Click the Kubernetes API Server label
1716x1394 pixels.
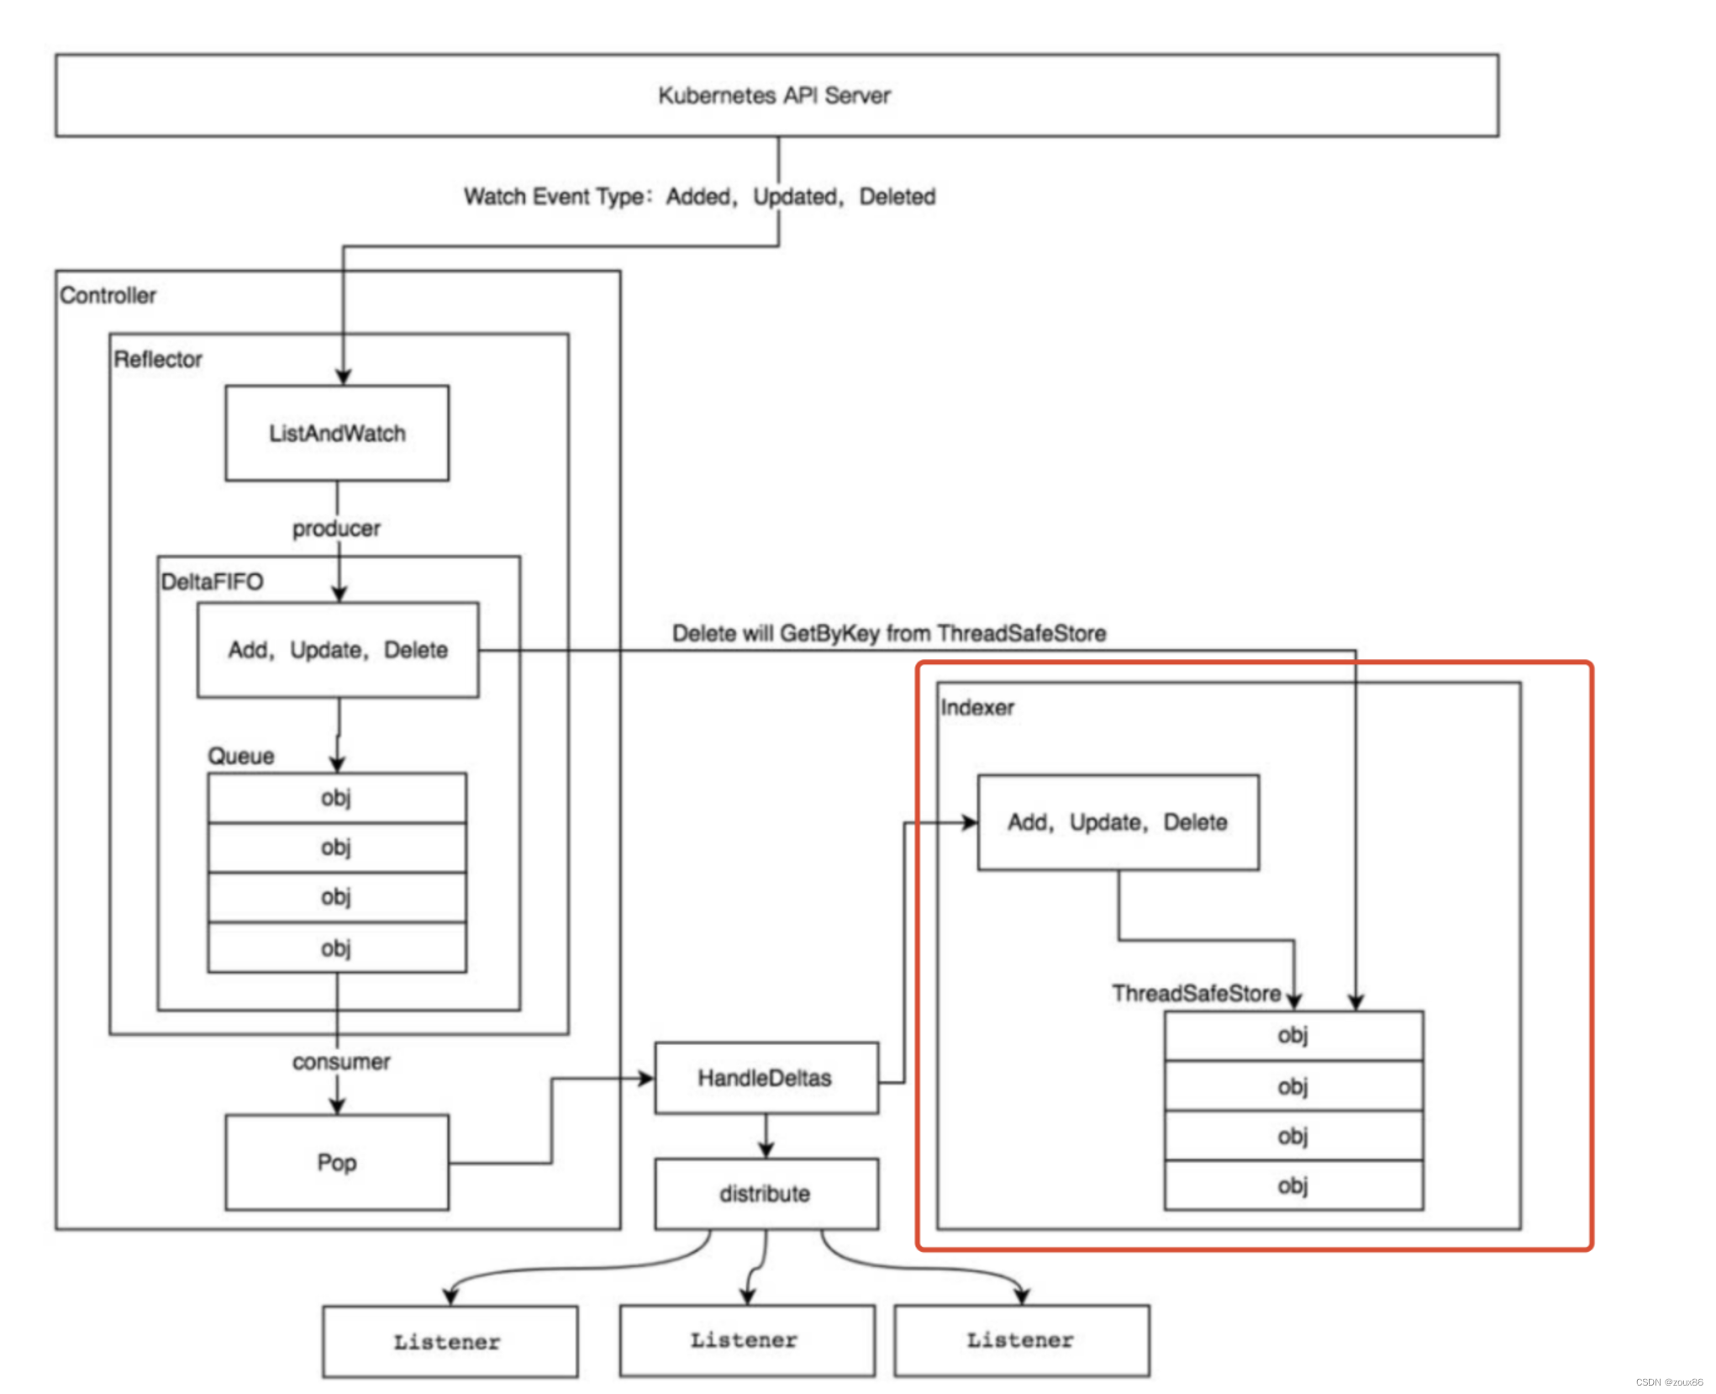coord(773,95)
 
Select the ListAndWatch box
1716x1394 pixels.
coord(336,433)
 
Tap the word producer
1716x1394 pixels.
coord(336,528)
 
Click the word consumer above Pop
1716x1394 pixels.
coord(341,1061)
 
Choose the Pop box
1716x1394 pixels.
coord(336,1162)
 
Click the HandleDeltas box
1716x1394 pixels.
coord(766,1078)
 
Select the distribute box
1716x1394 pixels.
coord(766,1193)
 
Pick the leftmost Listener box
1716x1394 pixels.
coord(449,1341)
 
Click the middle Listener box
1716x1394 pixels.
coord(745,1339)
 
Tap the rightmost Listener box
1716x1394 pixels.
coord(1021,1339)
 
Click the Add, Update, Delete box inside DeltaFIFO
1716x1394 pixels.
coord(338,649)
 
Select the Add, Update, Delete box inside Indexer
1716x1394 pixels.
coord(1117,821)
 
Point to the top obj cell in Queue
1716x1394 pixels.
coord(336,797)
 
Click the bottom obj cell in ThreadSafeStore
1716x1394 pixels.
coord(1292,1185)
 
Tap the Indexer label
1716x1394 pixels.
coord(976,707)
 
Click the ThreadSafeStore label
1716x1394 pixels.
coord(1196,993)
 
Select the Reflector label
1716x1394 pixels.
coord(158,359)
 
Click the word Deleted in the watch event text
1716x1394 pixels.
coord(897,196)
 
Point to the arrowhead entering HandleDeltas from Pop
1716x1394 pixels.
coord(646,1078)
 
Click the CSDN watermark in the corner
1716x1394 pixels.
coord(1668,1381)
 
